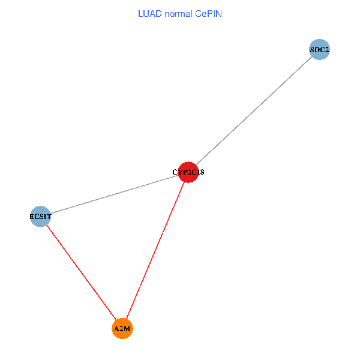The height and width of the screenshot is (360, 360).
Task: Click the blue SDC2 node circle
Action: tap(319, 50)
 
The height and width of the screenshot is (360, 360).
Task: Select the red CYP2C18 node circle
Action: tap(188, 172)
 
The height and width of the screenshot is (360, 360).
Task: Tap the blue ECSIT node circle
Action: tap(40, 216)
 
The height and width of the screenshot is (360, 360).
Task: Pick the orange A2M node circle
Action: tap(122, 329)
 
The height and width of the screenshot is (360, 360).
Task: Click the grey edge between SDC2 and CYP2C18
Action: tap(254, 111)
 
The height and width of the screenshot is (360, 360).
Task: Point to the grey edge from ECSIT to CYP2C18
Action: tap(114, 194)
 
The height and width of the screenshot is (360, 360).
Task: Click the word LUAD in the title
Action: tap(149, 13)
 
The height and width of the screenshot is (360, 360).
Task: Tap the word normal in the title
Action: tap(178, 13)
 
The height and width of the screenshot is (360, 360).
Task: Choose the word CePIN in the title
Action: tap(208, 13)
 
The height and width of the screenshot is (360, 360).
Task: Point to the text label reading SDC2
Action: tap(319, 50)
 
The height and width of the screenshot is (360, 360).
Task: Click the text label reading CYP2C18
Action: tap(188, 173)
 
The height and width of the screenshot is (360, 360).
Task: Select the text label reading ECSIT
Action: tap(40, 216)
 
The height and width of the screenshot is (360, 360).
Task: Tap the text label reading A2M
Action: tap(122, 329)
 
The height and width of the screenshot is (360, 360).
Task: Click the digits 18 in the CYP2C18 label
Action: tap(201, 173)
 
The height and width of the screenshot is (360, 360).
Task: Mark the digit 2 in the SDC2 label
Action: tap(326, 50)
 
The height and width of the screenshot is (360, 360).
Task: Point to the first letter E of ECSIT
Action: tap(32, 216)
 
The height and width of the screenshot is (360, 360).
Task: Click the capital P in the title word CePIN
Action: tap(210, 13)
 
